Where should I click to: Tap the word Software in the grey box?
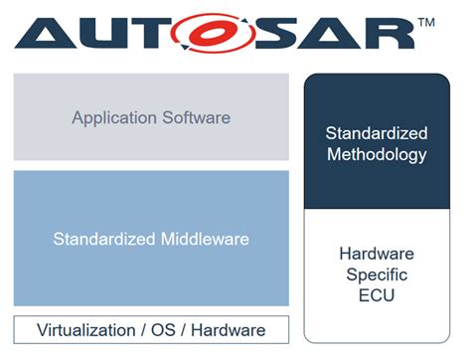tap(197, 117)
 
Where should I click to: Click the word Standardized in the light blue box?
tap(103, 239)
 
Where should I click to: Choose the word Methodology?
tap(377, 154)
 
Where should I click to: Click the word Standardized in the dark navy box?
tap(377, 133)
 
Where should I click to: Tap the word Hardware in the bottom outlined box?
tap(234, 330)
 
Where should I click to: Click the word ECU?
tap(377, 296)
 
